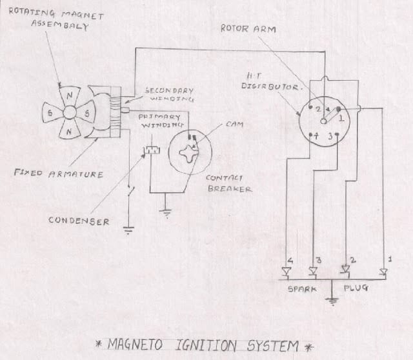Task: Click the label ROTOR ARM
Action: point(242,28)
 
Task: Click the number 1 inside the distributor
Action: point(343,119)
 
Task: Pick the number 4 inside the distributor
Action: point(316,136)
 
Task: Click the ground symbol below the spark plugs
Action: point(332,299)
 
